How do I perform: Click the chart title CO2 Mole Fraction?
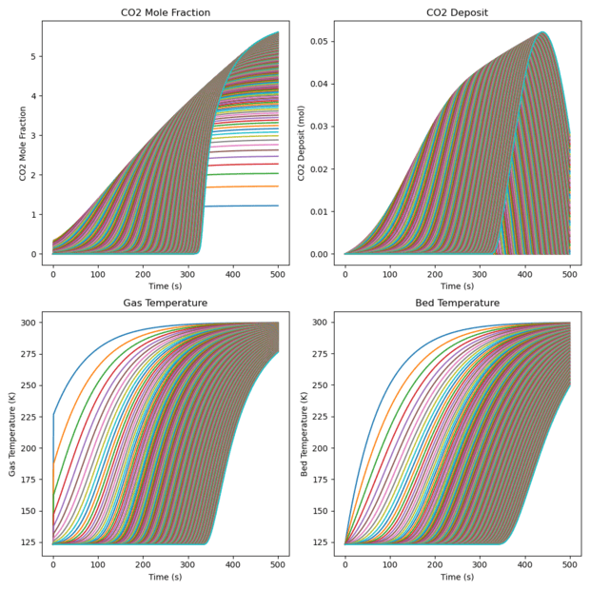coord(165,11)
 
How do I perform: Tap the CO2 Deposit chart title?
coord(458,11)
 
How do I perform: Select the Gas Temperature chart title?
coord(165,303)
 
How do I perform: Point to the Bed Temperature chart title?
coord(458,303)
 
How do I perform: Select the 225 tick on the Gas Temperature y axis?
coord(29,416)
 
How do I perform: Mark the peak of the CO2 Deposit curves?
coord(541,32)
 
